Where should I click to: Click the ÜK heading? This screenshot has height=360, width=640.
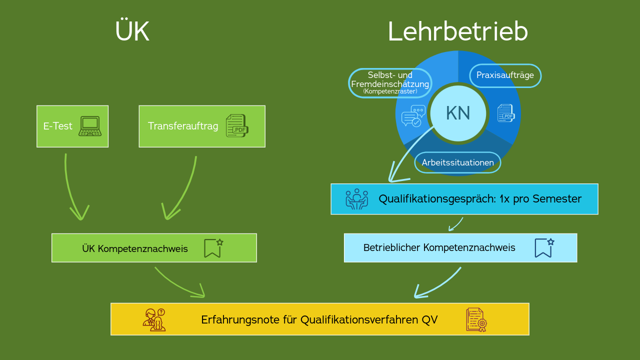pos(132,32)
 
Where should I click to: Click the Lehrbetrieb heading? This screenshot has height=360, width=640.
pos(457,32)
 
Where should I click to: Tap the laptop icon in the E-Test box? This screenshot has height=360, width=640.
pos(90,126)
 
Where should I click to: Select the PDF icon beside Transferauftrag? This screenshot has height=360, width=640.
pos(237,126)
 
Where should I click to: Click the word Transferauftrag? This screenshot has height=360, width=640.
pos(183,126)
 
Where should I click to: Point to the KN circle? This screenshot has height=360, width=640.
pos(458,113)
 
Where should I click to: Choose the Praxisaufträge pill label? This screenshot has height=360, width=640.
pos(505,75)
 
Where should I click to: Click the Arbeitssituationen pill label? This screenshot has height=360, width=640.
pos(457,162)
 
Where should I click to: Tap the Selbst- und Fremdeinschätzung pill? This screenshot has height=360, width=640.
pos(390,82)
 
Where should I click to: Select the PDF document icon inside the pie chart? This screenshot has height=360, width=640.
pos(506,113)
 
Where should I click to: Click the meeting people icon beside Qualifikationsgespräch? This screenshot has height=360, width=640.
pos(356,199)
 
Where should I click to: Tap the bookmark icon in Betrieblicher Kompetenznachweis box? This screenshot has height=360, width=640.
pos(544,247)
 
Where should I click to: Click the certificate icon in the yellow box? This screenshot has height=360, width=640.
pos(476,319)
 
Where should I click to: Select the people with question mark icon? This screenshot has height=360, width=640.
pos(154,320)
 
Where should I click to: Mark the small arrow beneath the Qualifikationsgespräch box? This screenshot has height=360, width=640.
pos(455,224)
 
